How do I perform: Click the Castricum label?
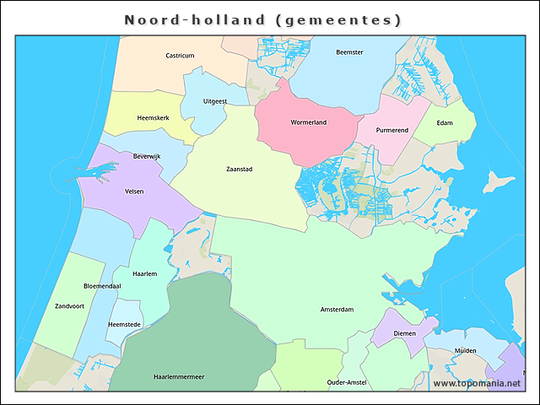tap(180, 56)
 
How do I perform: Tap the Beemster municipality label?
tap(349, 52)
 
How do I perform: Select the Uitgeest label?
tap(215, 101)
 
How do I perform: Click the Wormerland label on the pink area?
tap(308, 122)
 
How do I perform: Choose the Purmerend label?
tap(392, 130)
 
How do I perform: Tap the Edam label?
tap(445, 123)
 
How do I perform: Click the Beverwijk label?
tap(135, 157)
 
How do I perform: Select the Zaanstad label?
tap(240, 169)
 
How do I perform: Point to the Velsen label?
tap(134, 192)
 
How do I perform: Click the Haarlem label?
tap(146, 273)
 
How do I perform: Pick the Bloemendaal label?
tap(102, 286)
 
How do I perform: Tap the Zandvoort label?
tap(70, 305)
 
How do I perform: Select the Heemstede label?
tap(125, 325)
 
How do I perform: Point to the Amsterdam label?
tap(337, 310)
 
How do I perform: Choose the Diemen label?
tap(405, 333)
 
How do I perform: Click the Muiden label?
tap(466, 350)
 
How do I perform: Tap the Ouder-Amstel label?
tap(346, 382)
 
